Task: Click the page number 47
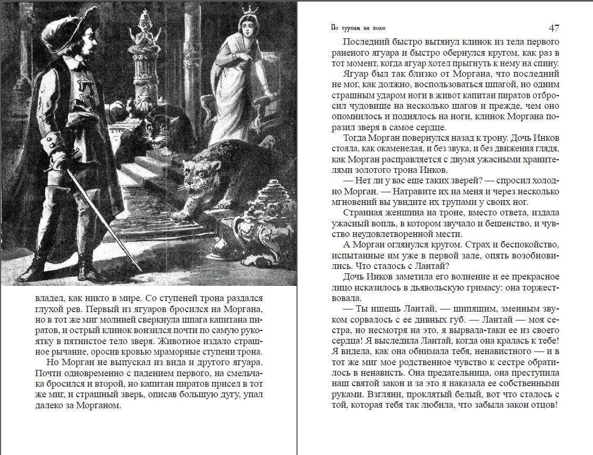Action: click(554, 28)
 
